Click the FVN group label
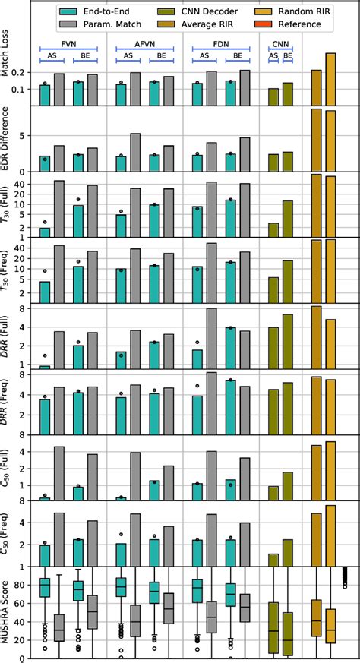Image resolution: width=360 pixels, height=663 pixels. coord(69,43)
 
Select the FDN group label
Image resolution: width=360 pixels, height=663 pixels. coord(222,43)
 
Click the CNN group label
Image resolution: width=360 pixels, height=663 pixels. coord(280,43)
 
